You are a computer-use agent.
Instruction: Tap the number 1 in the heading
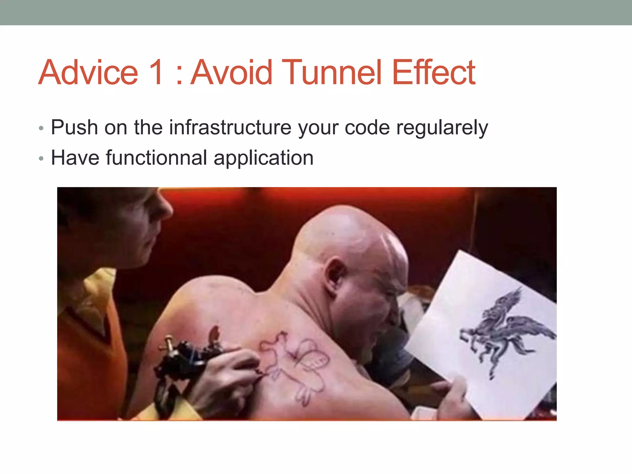pos(156,73)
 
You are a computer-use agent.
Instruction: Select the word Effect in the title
pos(434,73)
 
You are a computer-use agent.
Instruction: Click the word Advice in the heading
pos(88,73)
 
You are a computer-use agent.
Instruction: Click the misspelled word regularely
pos(442,128)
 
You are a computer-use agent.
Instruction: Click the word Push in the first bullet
pos(74,127)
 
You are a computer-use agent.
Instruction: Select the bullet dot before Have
pos(41,159)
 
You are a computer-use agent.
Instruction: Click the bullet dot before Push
pos(41,128)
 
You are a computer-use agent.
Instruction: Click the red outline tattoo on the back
pos(293,364)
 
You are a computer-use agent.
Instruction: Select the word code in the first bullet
pos(367,127)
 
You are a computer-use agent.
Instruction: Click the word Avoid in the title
pos(232,73)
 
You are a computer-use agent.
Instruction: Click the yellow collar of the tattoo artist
pos(93,296)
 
